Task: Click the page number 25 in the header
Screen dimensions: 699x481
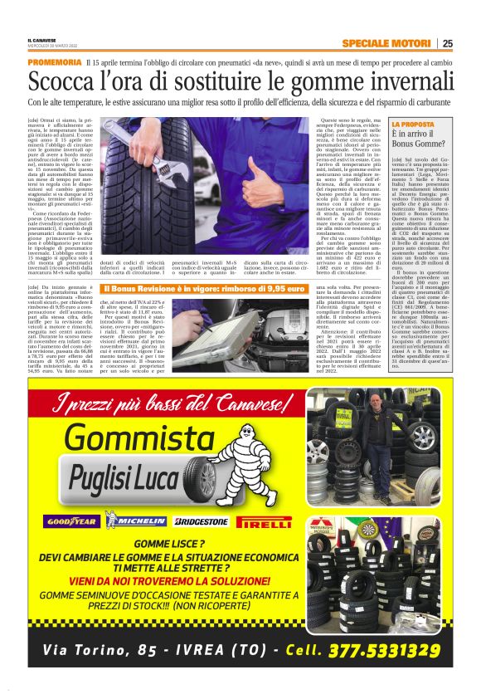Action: pos(447,43)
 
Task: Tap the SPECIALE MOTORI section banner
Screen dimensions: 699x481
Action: pos(386,43)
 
